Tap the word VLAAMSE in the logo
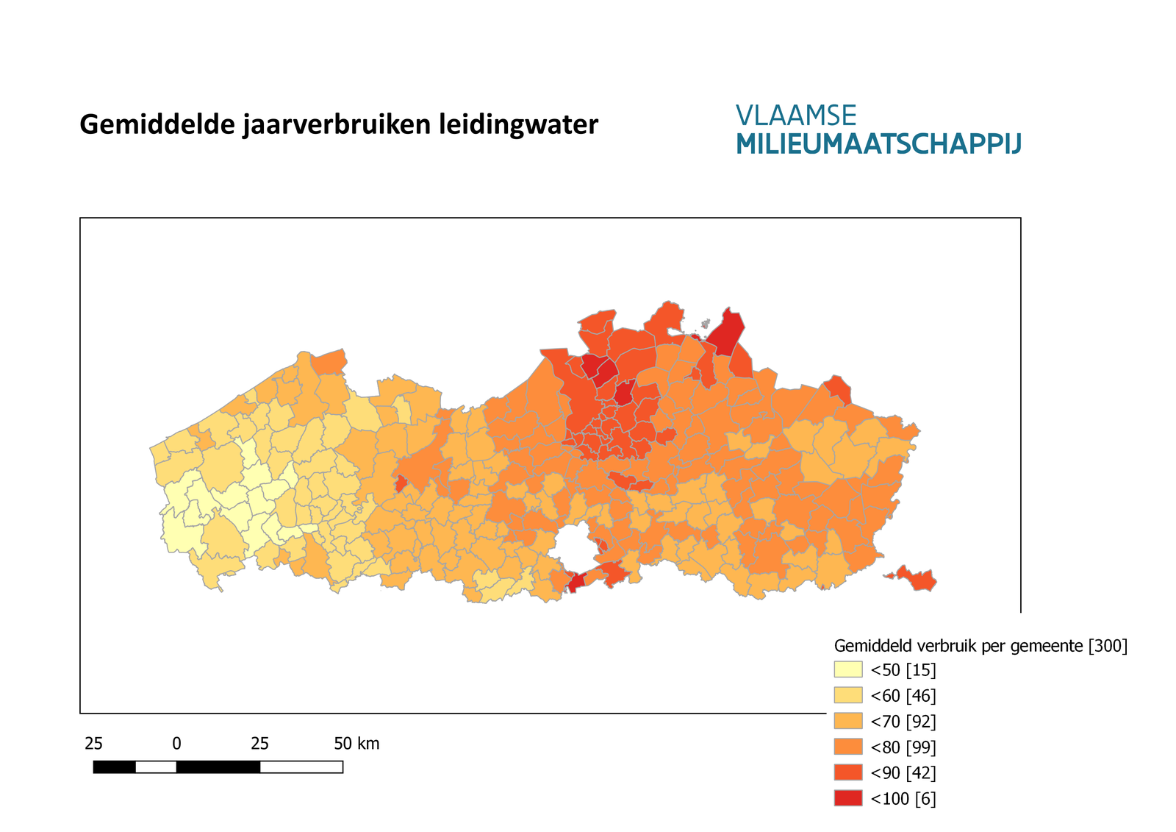796,115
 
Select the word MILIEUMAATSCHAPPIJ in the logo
878,144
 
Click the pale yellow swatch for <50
847,669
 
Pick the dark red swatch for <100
847,798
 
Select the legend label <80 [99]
903,747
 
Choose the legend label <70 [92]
903,722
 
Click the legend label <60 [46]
903,696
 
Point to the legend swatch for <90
847,772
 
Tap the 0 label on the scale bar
176,744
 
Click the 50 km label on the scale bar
356,744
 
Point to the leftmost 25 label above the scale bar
93,744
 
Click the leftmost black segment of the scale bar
114,767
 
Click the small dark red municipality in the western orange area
401,484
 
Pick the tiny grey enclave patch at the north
705,323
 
